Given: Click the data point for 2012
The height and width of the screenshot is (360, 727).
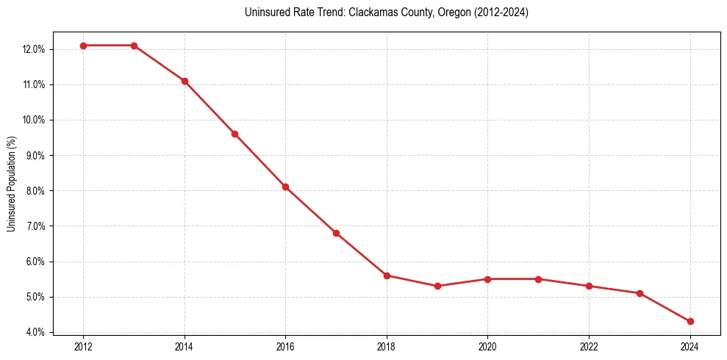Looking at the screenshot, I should pyautogui.click(x=83, y=46).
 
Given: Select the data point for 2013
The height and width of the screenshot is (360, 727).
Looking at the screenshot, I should pyautogui.click(x=134, y=46).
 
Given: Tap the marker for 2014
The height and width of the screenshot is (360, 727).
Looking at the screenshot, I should pyautogui.click(x=185, y=81).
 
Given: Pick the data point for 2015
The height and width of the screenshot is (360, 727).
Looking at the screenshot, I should pyautogui.click(x=234, y=134).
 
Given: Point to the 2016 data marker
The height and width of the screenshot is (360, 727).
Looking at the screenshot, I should pyautogui.click(x=285, y=187).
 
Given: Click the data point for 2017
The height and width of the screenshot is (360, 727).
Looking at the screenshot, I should pyautogui.click(x=336, y=233).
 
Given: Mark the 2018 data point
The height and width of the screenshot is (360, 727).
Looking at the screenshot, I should pyautogui.click(x=387, y=276).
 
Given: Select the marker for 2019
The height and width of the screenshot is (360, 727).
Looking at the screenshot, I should pyautogui.click(x=437, y=286).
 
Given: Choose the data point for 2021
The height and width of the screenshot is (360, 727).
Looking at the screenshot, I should pyautogui.click(x=538, y=279).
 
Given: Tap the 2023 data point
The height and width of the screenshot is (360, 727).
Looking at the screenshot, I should pyautogui.click(x=640, y=293).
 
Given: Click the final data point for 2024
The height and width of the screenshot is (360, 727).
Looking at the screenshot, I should pyautogui.click(x=690, y=321).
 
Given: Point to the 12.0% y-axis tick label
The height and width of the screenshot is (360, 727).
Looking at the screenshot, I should pyautogui.click(x=34, y=49).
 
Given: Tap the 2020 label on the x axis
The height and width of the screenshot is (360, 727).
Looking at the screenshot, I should pyautogui.click(x=487, y=346).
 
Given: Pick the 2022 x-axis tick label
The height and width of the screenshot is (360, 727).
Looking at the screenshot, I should pyautogui.click(x=589, y=346).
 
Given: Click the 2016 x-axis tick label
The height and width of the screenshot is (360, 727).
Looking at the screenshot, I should pyautogui.click(x=285, y=346).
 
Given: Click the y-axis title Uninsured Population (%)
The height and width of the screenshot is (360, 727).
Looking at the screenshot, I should pyautogui.click(x=12, y=183).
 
